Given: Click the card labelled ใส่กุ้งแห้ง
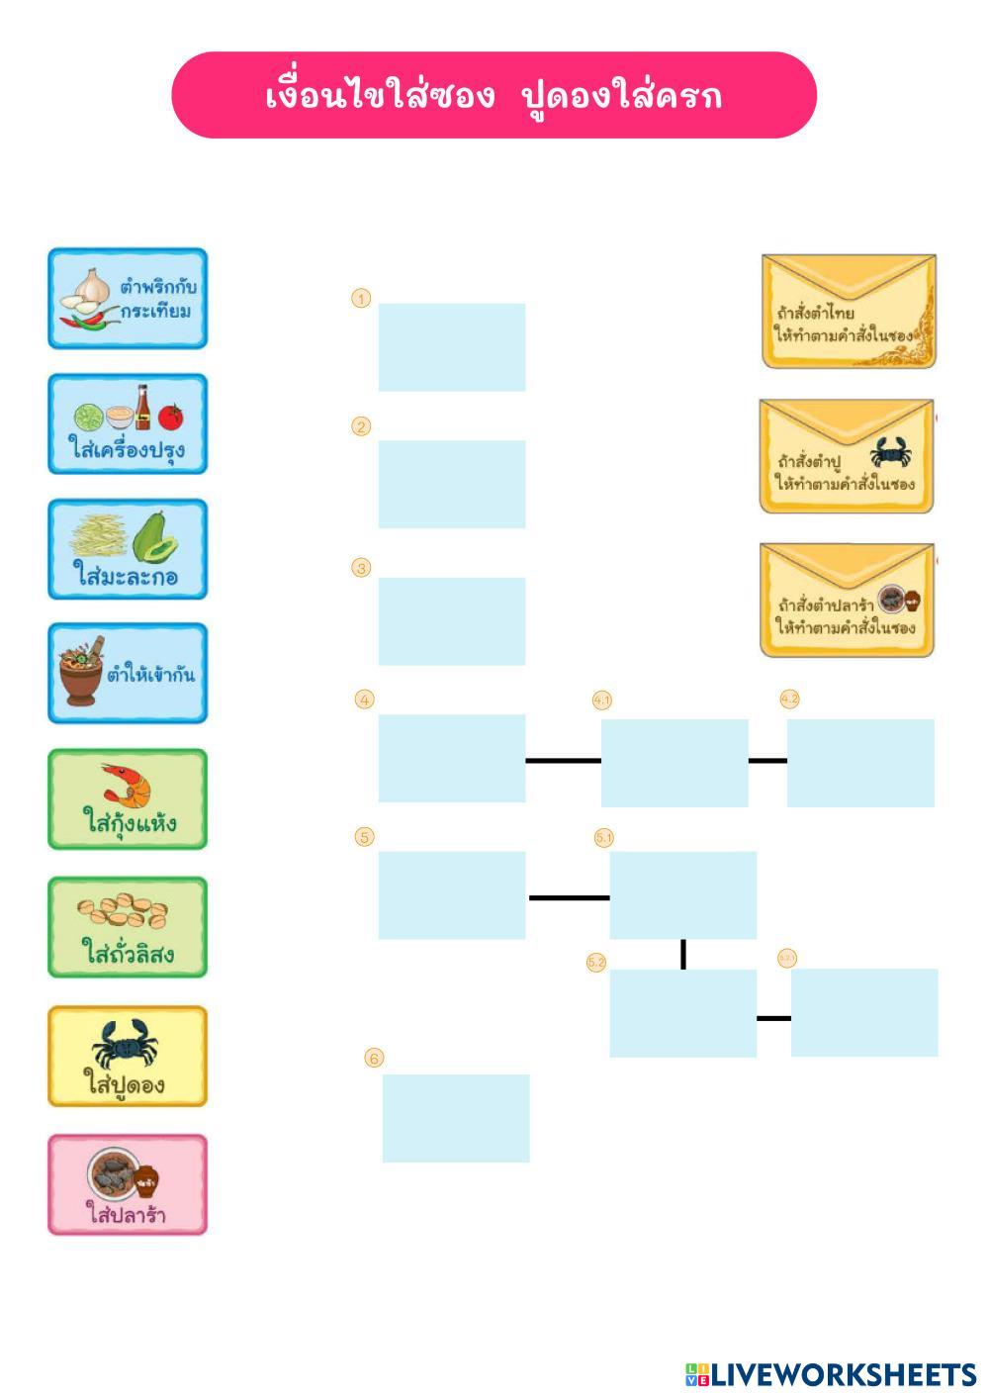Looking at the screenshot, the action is tap(128, 799).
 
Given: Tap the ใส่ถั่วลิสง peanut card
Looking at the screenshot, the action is tap(128, 927).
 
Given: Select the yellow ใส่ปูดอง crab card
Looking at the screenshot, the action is tap(128, 1057).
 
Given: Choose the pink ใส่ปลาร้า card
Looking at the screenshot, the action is tap(128, 1184).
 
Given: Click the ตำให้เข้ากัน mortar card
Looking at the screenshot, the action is tap(128, 673).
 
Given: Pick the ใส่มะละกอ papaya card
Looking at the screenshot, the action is tap(128, 549).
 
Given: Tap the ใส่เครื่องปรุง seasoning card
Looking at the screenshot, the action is tap(128, 423).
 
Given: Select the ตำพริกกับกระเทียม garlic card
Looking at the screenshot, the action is tap(128, 298).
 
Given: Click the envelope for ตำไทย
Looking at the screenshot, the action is tap(849, 312).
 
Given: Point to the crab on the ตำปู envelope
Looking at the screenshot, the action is tap(891, 453).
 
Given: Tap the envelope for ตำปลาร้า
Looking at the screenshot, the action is tap(847, 600).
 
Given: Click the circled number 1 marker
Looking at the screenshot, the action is tap(361, 299).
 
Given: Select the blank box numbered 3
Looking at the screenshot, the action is tap(452, 621).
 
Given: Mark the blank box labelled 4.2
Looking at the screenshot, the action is tap(860, 763).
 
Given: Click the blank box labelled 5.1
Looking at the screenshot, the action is tap(682, 894).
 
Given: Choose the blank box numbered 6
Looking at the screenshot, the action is tap(456, 1118).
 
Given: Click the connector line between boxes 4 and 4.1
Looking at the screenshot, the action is tap(563, 761).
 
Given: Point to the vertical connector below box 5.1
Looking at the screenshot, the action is tap(683, 954).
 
